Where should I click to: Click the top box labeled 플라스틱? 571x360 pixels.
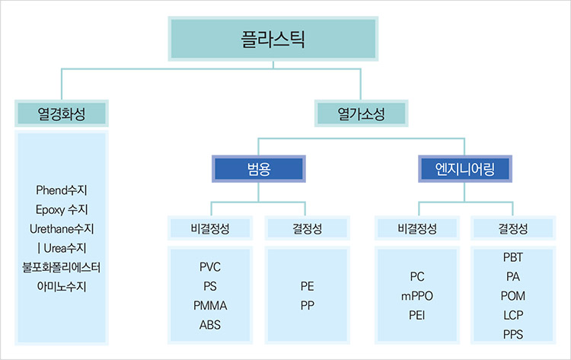[273, 39]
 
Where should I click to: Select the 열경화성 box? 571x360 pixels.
[62, 113]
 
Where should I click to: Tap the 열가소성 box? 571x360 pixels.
[361, 113]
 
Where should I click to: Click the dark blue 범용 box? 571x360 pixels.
[259, 169]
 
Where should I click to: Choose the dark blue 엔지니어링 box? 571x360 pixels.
[465, 169]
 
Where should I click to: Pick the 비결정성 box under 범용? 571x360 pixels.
[210, 228]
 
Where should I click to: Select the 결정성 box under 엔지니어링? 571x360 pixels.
[513, 228]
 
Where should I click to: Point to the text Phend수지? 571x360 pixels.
[62, 190]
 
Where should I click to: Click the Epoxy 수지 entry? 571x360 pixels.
[62, 209]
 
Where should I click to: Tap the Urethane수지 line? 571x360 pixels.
[62, 228]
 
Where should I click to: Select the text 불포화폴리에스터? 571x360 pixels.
[62, 267]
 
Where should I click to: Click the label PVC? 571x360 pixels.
[210, 267]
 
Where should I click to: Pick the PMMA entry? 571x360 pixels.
[210, 305]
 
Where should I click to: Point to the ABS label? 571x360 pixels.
[210, 325]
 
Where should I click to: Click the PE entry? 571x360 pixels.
[308, 286]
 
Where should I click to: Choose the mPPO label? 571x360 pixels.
[417, 296]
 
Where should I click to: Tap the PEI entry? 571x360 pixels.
[417, 315]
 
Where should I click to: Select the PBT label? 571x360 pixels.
[513, 257]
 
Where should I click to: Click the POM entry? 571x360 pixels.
[513, 296]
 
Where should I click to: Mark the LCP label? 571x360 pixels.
[513, 315]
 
